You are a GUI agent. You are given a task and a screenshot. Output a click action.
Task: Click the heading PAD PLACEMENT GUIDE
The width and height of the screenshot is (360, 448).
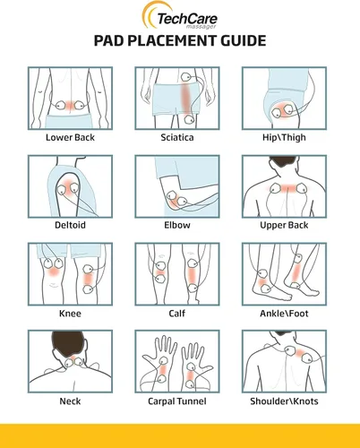[179, 41]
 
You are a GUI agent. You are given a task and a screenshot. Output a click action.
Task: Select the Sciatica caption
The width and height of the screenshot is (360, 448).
[178, 139]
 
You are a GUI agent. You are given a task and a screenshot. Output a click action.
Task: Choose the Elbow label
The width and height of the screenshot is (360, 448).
[178, 226]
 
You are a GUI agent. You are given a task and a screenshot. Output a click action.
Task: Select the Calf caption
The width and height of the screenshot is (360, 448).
[178, 314]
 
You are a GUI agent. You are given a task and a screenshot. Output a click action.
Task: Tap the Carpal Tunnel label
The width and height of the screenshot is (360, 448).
[178, 401]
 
